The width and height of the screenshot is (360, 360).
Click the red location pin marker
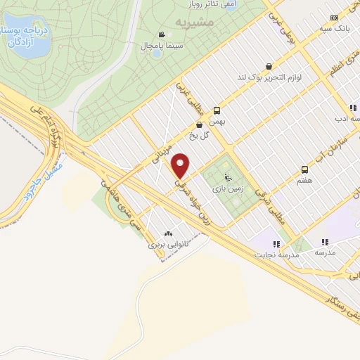pyautogui.click(x=181, y=165)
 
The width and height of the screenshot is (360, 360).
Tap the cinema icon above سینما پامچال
pyautogui.click(x=162, y=34)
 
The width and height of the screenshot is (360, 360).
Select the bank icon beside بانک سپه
pyautogui.click(x=333, y=18)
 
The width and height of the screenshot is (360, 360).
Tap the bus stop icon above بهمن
pyautogui.click(x=217, y=110)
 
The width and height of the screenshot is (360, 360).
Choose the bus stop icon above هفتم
pyautogui.click(x=304, y=169)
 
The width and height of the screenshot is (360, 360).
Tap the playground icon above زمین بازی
pyautogui.click(x=226, y=177)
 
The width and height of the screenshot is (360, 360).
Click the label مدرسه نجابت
pyautogui.click(x=281, y=256)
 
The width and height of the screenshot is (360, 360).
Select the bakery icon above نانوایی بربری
pyautogui.click(x=167, y=233)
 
